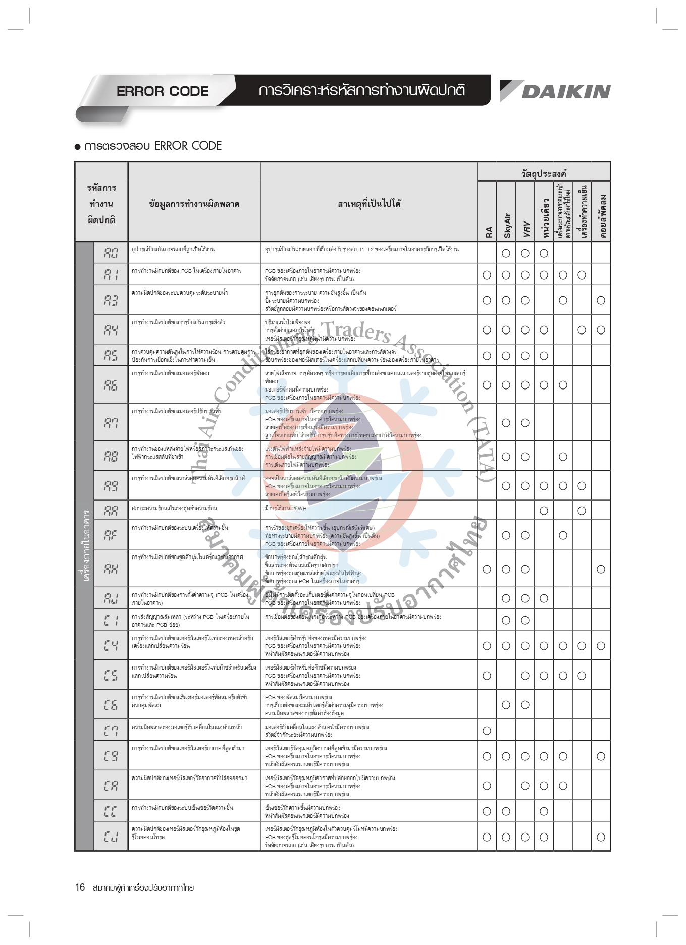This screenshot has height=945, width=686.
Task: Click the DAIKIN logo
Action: pos(555,91)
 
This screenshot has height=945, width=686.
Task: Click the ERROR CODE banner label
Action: pos(163,91)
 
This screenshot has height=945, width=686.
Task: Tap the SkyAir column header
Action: pos(507,225)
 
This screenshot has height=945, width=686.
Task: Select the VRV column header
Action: pos(525,228)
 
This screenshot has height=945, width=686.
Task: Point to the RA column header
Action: pos(488,232)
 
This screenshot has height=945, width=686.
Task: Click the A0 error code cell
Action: pos(111,253)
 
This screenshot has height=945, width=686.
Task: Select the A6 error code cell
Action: pos(111,385)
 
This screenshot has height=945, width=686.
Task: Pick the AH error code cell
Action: pos(111,569)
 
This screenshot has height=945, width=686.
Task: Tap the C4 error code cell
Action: pos(111,645)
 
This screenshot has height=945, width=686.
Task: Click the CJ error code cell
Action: pos(111,837)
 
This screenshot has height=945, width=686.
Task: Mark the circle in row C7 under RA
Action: pos(487,731)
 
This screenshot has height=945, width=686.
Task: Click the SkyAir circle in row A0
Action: pos(506,253)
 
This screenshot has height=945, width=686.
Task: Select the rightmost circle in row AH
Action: pos(601,569)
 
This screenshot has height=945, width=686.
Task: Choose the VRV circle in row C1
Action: pos(525,620)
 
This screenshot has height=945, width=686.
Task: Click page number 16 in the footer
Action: pos(80,887)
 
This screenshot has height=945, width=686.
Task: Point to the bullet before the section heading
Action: pos(78,147)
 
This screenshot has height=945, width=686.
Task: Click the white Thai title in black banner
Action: pos(361,91)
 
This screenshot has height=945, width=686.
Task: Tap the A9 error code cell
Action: pos(111,486)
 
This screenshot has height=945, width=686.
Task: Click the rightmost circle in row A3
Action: pos(601,300)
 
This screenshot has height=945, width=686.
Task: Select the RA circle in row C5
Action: pos(487,676)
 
